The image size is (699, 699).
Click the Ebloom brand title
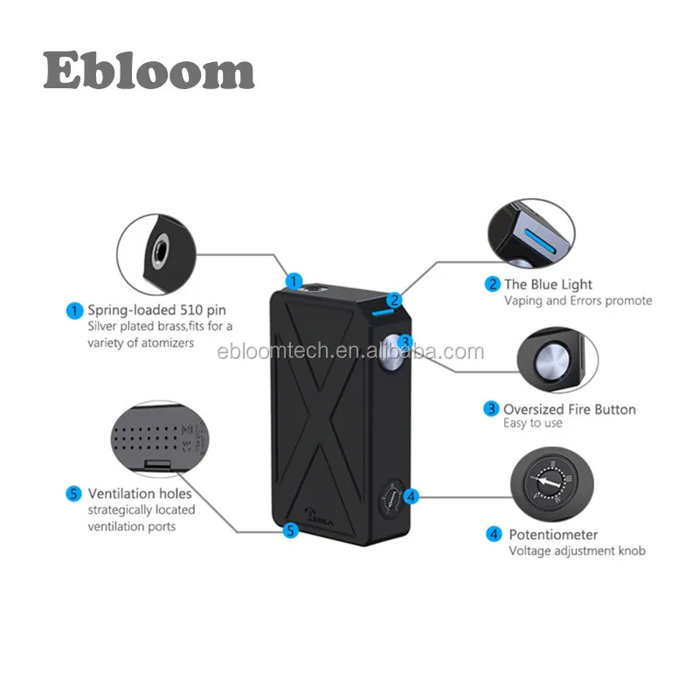click(149, 70)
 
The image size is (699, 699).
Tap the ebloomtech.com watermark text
click(349, 352)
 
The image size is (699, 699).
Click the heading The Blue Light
click(548, 284)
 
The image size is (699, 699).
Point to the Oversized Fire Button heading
click(569, 409)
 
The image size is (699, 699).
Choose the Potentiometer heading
click(554, 534)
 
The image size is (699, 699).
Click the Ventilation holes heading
click(139, 494)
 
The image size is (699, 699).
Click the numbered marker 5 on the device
click(292, 529)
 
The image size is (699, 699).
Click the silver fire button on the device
click(392, 346)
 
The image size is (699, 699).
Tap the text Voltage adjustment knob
click(578, 551)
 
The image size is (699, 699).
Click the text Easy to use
click(533, 424)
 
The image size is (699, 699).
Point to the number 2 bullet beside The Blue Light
click(493, 284)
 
